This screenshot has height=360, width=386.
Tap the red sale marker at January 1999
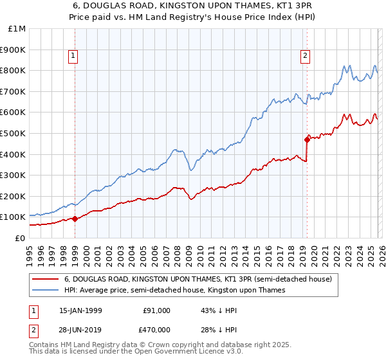pyautogui.click(x=75, y=219)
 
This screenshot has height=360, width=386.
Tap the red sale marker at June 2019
pyautogui.click(x=307, y=139)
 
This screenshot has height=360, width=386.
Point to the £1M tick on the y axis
pyautogui.click(x=17, y=28)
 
